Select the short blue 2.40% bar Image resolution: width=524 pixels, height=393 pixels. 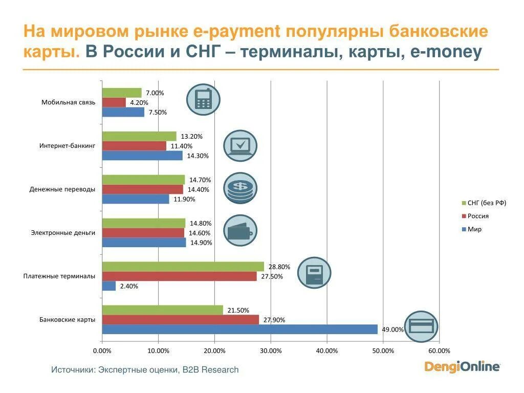108,286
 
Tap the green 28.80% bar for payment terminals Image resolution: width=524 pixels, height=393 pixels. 183,267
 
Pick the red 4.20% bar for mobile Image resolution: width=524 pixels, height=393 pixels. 114,102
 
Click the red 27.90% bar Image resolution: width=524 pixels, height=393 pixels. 180,320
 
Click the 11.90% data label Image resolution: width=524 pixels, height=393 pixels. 184,199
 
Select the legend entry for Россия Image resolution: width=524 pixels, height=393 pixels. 478,216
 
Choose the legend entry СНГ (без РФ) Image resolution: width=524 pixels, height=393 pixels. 486,203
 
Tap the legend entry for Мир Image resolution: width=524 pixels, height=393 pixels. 474,229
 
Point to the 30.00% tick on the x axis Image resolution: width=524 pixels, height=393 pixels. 271,351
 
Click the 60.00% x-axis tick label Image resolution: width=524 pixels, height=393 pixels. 439,351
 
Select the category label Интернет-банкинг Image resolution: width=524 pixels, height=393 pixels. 67,146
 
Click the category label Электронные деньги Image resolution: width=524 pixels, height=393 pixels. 63,233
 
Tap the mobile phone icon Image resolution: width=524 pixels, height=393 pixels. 203,99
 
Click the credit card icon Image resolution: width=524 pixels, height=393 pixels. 421,326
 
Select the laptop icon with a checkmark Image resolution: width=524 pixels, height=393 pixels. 240,146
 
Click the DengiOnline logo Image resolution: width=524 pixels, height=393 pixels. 462,366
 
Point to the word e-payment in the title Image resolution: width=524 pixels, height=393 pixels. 237,31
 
